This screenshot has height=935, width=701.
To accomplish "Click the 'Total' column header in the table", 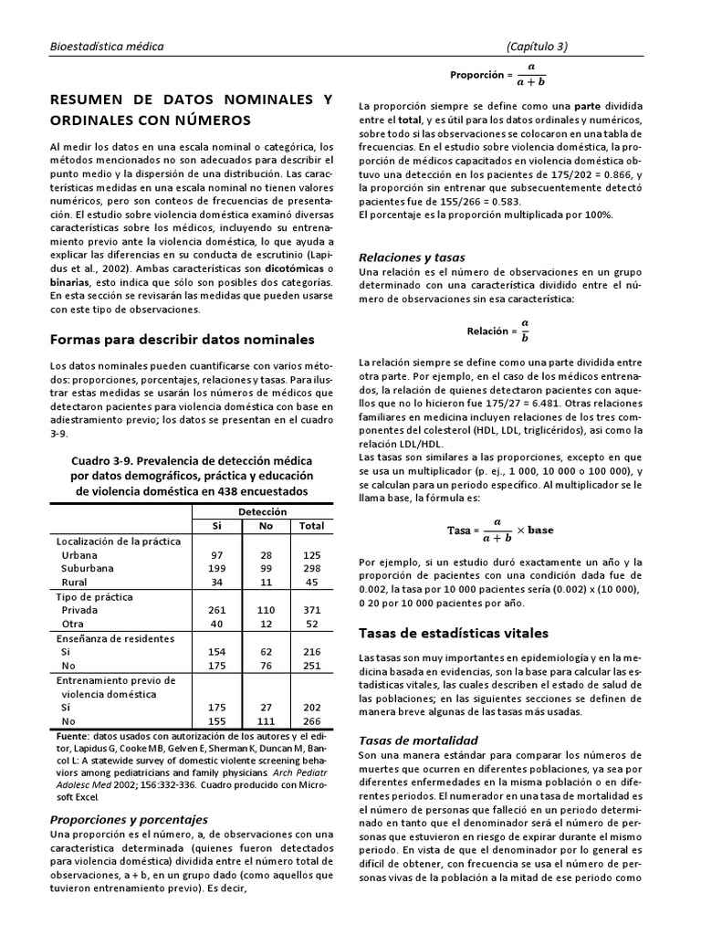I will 311,527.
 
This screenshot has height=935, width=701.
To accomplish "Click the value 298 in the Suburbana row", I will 311,568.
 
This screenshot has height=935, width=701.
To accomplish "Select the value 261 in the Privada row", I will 217,609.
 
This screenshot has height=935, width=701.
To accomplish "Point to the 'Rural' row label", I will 74,582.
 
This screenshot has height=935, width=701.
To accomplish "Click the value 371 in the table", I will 311,609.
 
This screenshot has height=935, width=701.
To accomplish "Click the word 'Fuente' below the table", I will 68,735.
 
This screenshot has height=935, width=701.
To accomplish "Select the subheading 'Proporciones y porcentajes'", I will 129,819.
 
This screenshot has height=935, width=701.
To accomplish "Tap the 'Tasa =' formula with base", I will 500,530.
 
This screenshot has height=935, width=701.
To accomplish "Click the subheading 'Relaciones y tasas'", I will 412,257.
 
